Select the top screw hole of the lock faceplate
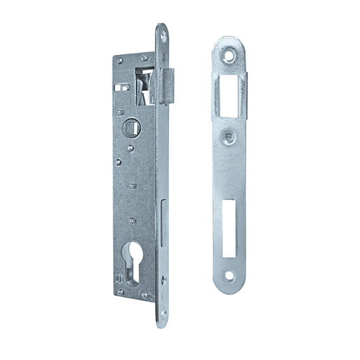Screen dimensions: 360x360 click(x=163, y=37)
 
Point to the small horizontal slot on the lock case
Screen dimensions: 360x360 click(x=123, y=84)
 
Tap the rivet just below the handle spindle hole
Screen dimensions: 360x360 click(x=130, y=149)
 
